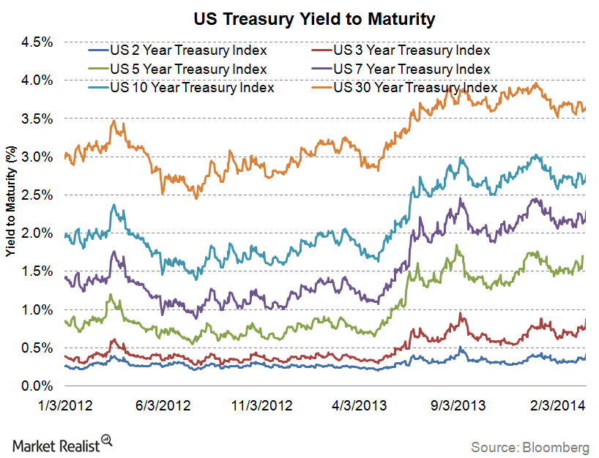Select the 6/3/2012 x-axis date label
165,405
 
